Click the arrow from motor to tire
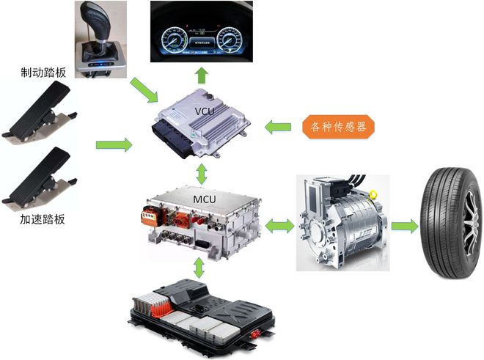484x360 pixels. click(403, 224)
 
